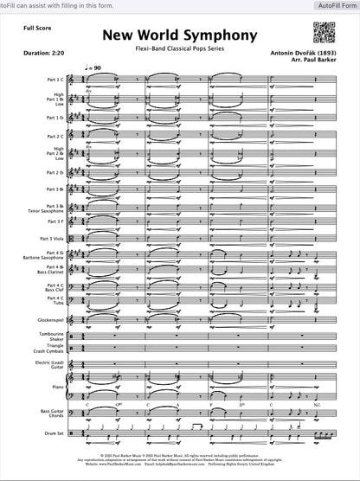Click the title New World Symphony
point(180,36)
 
